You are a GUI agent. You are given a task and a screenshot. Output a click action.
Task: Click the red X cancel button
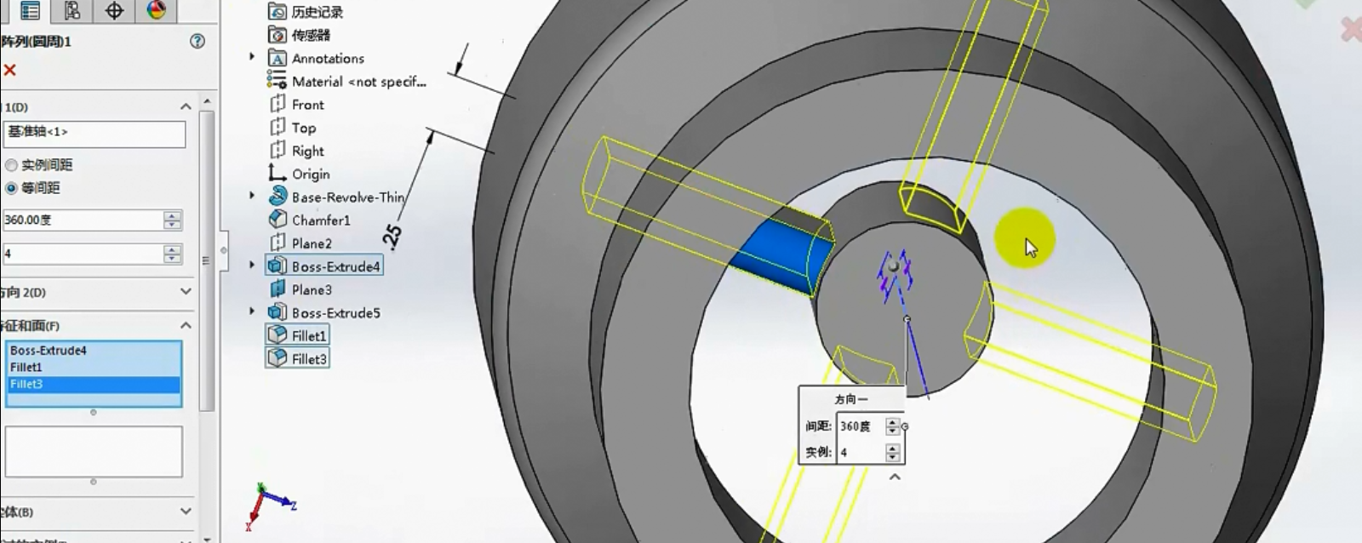(10, 71)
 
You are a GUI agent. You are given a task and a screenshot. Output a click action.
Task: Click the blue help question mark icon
(197, 41)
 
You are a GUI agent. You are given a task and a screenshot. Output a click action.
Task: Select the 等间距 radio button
(12, 188)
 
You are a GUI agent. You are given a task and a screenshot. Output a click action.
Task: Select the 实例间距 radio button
(12, 165)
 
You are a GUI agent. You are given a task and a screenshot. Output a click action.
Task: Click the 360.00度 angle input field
(83, 220)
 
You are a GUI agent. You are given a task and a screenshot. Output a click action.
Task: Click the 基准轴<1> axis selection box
(94, 134)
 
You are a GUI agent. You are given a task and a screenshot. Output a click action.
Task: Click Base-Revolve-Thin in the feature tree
(347, 197)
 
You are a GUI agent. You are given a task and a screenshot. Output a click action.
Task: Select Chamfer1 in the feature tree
(320, 220)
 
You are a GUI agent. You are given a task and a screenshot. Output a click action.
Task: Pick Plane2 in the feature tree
(312, 243)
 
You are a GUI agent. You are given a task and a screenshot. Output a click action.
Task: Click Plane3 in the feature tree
(312, 290)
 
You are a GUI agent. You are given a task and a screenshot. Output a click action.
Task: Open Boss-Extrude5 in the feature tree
(335, 313)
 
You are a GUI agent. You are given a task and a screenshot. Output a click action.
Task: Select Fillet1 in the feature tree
(308, 336)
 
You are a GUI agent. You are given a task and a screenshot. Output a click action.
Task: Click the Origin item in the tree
(310, 174)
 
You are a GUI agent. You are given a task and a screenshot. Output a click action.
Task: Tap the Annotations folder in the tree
(327, 59)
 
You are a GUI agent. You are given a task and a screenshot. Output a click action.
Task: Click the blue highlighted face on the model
(781, 255)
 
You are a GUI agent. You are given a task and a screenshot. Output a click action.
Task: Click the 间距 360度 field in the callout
(860, 426)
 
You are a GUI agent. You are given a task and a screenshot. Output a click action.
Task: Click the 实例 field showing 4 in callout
(860, 453)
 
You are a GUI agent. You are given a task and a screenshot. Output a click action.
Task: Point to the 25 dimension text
(393, 235)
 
